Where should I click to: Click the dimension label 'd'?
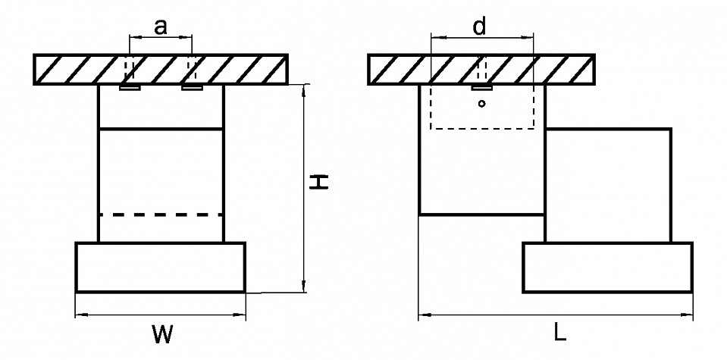tap(480, 27)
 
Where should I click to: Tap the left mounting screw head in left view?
tap(130, 88)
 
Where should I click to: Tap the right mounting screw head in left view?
tap(192, 88)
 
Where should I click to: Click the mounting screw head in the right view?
tap(481, 88)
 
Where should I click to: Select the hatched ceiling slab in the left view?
tap(161, 69)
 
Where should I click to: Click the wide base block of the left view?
tap(161, 267)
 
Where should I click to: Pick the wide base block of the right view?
tap(607, 267)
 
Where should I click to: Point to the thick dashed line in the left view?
tap(161, 215)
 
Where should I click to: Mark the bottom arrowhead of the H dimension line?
tap(304, 287)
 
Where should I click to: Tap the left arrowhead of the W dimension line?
tap(80, 315)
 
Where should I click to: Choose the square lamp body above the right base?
tap(607, 185)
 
